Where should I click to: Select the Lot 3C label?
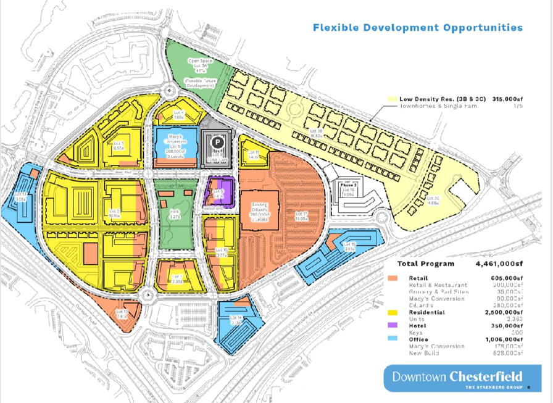click(x=433, y=199)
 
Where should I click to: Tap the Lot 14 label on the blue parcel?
click(x=235, y=319)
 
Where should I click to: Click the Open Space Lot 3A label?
click(x=198, y=65)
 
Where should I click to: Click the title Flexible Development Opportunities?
click(x=417, y=28)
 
